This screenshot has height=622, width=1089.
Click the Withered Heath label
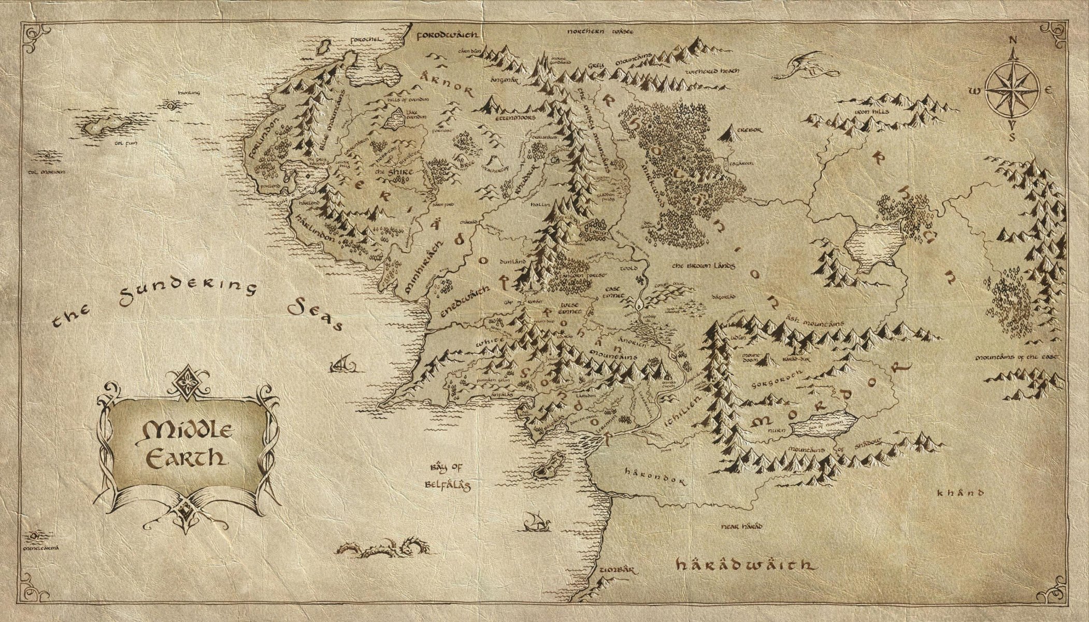point(712,72)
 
